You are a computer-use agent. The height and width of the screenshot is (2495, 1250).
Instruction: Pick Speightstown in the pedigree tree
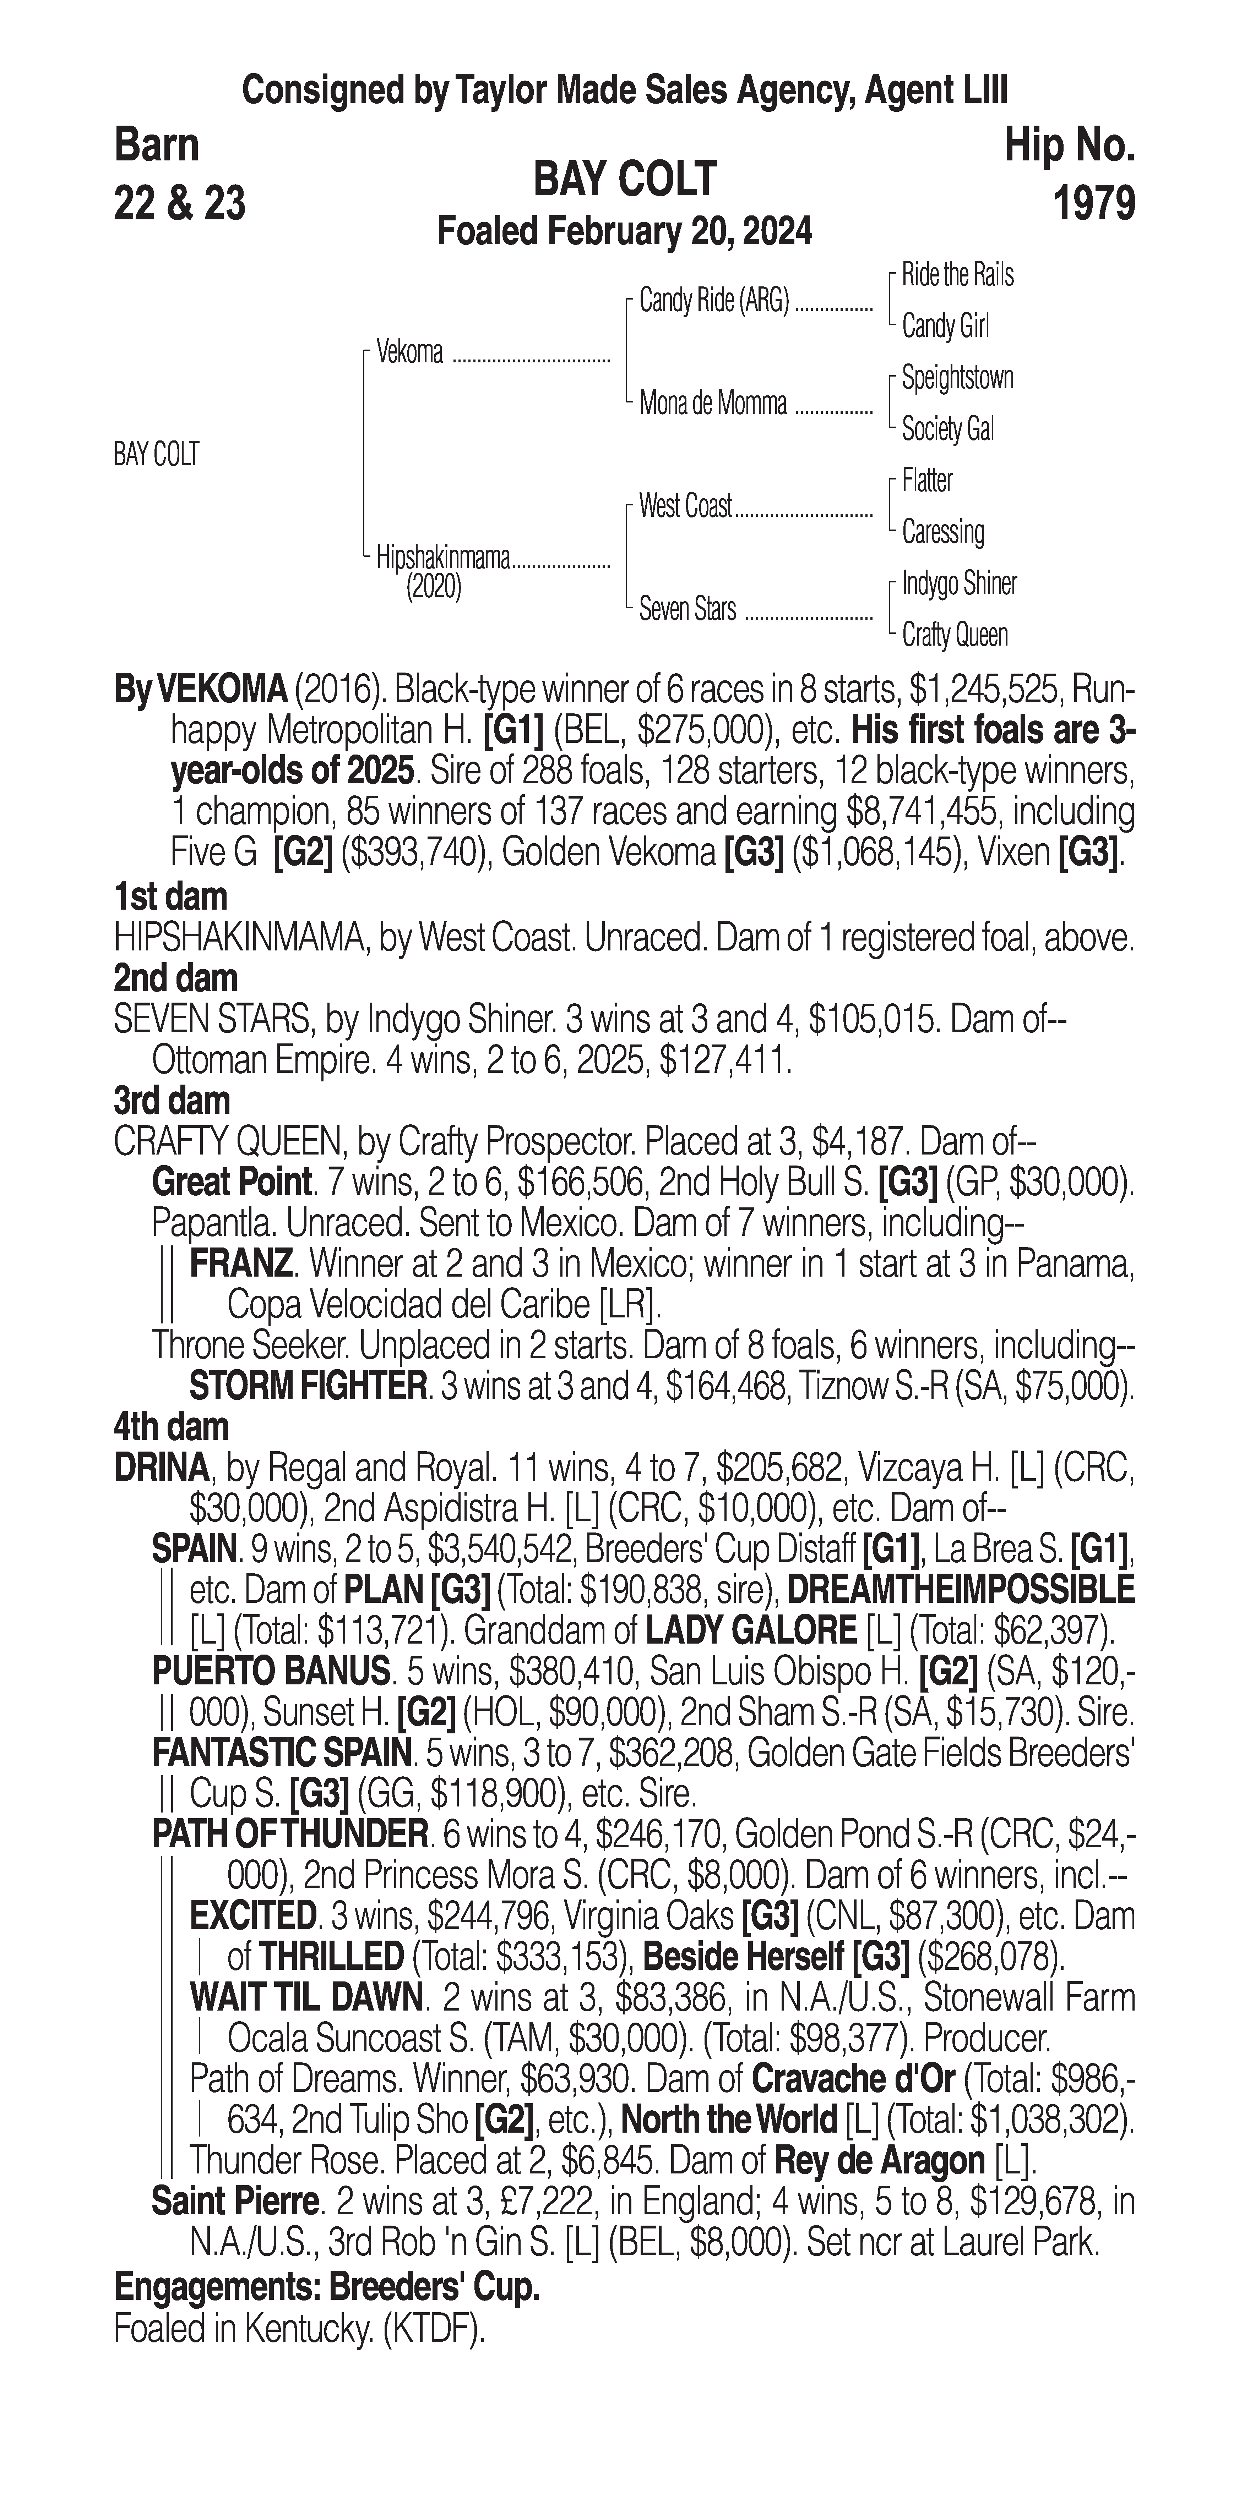click(x=957, y=378)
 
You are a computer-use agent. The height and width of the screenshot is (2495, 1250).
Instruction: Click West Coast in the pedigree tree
click(x=685, y=506)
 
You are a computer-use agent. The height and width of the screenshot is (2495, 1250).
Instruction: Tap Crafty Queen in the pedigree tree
click(x=955, y=635)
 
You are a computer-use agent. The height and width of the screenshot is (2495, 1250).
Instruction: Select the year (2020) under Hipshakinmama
click(x=433, y=587)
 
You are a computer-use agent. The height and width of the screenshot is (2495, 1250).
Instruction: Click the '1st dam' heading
click(x=170, y=897)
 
